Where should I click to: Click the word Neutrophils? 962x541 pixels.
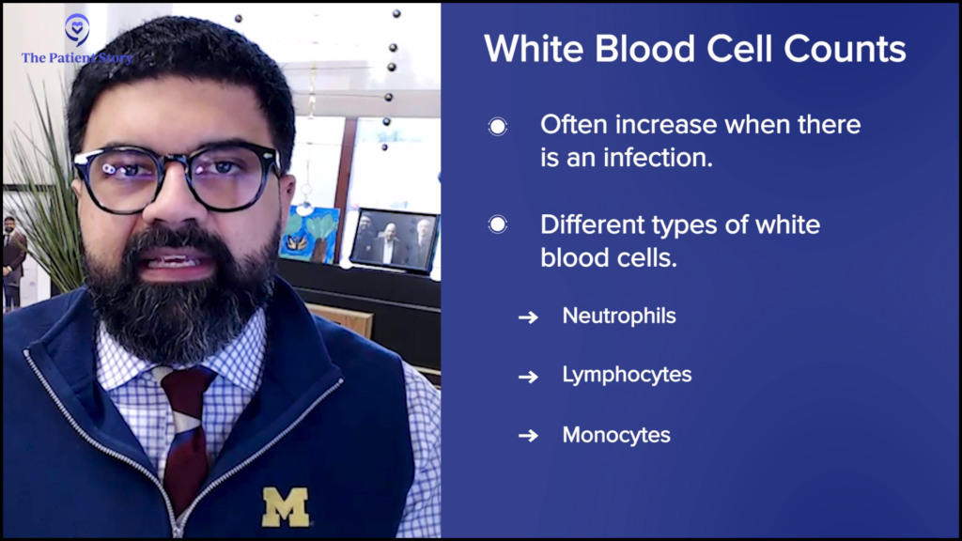click(x=619, y=316)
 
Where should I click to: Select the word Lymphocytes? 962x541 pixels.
click(x=627, y=375)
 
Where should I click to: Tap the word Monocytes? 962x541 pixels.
click(x=616, y=435)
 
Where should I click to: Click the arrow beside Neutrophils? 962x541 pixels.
click(x=528, y=317)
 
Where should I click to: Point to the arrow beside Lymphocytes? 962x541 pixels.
click(x=528, y=377)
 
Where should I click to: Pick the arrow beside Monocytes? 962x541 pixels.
click(x=528, y=436)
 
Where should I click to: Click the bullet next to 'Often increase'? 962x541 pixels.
click(x=498, y=127)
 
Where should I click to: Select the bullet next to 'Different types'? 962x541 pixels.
click(x=498, y=224)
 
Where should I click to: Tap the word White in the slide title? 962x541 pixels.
click(x=534, y=49)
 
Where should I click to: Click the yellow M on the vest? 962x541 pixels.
click(x=286, y=506)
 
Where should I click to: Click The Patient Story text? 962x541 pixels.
click(x=77, y=58)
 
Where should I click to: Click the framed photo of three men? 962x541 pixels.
click(x=394, y=240)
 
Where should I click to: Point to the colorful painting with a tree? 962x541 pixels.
click(x=310, y=234)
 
